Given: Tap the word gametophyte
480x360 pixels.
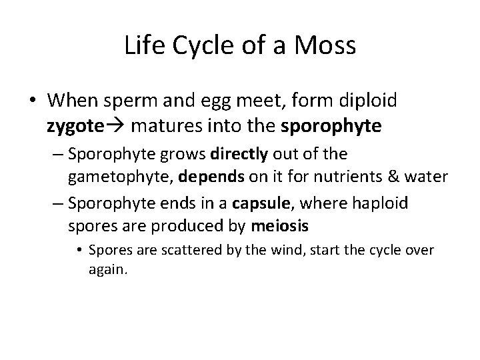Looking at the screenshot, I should pyautogui.click(x=114, y=177).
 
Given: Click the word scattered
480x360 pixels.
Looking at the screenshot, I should pyautogui.click(x=182, y=251).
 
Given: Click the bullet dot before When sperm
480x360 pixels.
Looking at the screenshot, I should pyautogui.click(x=32, y=101).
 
